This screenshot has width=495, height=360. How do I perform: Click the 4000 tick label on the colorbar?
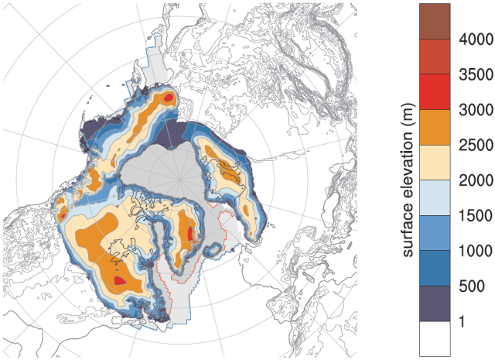point(472,39)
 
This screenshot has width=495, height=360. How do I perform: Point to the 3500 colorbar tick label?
point(472,74)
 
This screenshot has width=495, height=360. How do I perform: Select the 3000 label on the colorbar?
point(472,109)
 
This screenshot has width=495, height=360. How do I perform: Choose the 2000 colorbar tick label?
point(472,180)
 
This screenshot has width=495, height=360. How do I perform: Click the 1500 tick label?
point(472,215)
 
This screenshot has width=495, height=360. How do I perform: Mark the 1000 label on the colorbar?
point(472,251)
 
